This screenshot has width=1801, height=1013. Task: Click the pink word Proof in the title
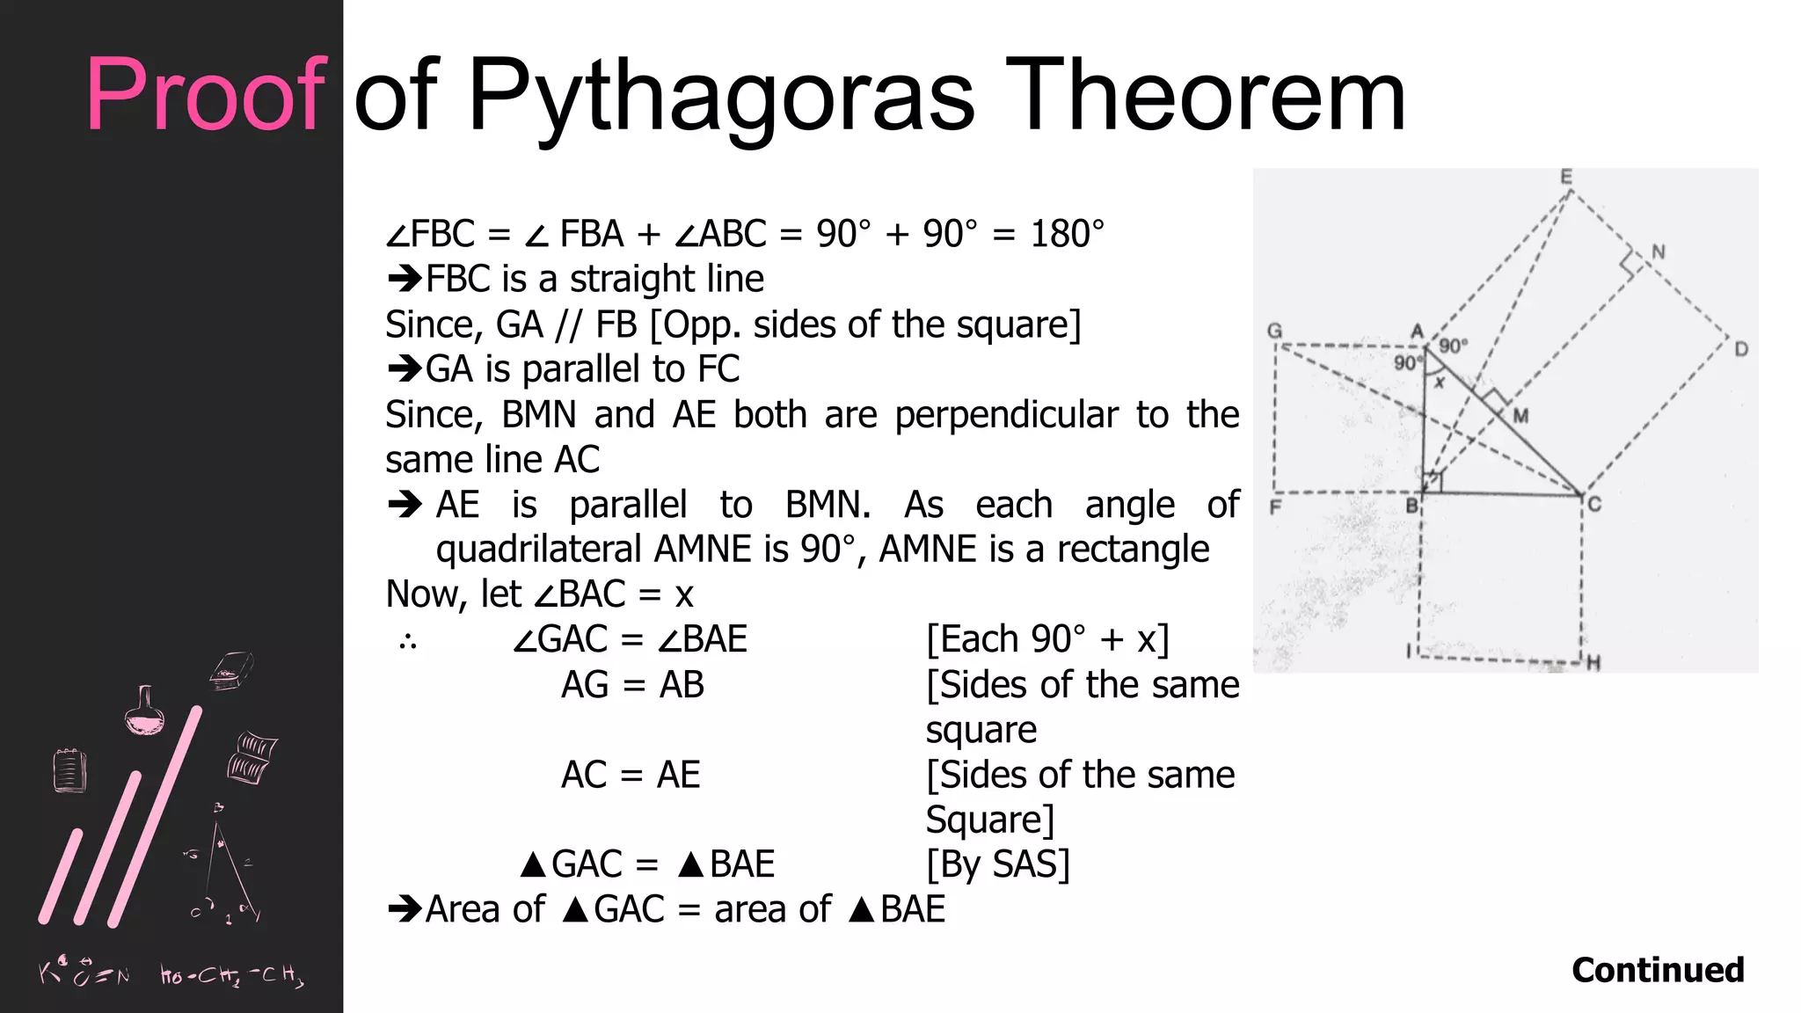click(x=206, y=94)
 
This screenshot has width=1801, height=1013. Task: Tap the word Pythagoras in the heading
click(x=721, y=97)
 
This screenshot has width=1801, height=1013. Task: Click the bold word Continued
click(x=1658, y=970)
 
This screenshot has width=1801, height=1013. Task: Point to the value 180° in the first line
click(x=1067, y=234)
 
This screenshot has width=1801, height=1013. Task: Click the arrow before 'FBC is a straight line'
click(x=405, y=280)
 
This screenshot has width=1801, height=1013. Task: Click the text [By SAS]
click(x=998, y=864)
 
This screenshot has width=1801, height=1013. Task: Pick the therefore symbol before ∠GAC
click(x=407, y=642)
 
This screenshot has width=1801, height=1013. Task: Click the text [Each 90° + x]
click(x=1047, y=639)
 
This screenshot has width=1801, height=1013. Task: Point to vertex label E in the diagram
click(x=1566, y=178)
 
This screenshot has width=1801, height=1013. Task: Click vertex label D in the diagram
click(x=1741, y=349)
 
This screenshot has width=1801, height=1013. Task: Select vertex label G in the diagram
click(x=1274, y=331)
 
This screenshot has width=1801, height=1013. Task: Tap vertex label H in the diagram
click(x=1593, y=663)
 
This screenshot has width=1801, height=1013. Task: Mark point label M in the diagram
click(x=1520, y=415)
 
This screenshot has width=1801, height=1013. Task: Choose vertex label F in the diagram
click(x=1275, y=507)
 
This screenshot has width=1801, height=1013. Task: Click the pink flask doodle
click(x=145, y=712)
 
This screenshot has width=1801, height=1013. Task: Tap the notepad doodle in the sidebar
click(x=69, y=770)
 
